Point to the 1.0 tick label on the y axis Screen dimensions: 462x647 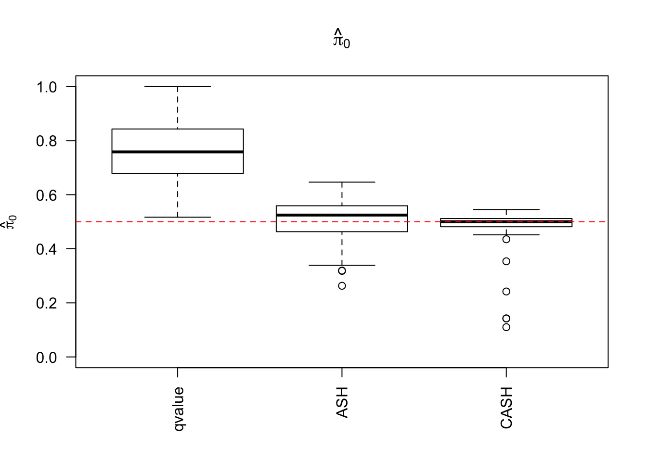pos(47,87)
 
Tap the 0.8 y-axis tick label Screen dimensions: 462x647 pos(47,141)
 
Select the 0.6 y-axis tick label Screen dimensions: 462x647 pos(47,195)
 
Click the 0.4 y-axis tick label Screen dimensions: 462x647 pos(47,249)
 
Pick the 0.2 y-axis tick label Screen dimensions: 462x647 pos(47,303)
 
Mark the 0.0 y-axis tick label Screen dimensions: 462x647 pos(47,357)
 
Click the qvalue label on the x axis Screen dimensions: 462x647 pos(179,408)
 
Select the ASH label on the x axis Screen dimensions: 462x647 pos(342,402)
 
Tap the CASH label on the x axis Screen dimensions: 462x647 pos(506,407)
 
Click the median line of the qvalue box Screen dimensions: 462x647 pos(178,152)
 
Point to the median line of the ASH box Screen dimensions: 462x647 pos(342,215)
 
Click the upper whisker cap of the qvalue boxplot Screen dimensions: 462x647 pos(178,87)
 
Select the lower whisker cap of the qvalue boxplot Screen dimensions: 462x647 pos(178,218)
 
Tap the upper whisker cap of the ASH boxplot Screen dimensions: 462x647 pos(342,182)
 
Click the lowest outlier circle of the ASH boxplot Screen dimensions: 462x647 pos(342,286)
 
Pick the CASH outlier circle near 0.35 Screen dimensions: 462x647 pos(506,261)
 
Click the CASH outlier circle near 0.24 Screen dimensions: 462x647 pos(506,292)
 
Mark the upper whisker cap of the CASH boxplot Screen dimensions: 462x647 pos(506,210)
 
